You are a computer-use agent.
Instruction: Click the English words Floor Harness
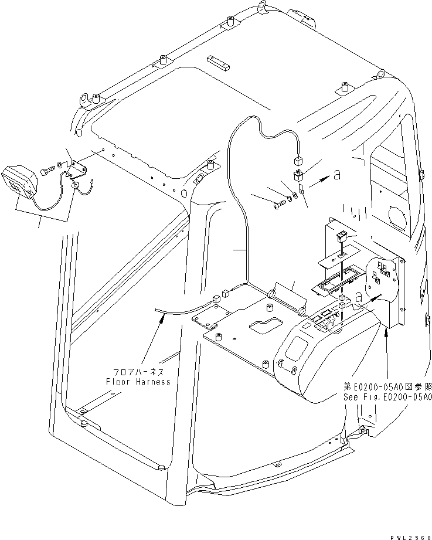tap(138, 382)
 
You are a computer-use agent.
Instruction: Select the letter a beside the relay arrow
tap(336, 174)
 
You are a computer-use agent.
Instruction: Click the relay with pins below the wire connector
tap(298, 174)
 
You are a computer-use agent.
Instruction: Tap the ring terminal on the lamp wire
tap(76, 185)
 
